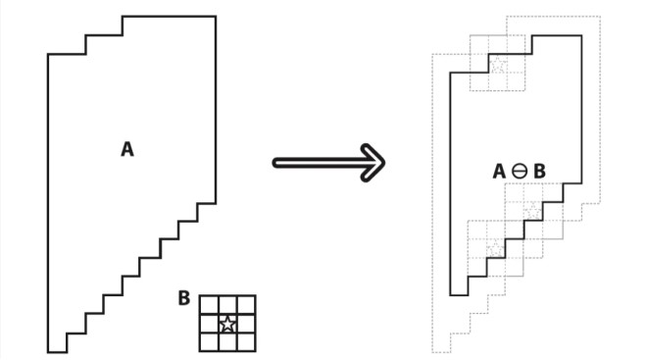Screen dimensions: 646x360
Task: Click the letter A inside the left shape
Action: click(x=127, y=149)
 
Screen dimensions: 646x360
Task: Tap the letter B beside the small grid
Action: click(x=183, y=298)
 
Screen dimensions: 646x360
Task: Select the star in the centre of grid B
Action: click(x=227, y=324)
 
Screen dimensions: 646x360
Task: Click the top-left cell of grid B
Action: click(x=209, y=305)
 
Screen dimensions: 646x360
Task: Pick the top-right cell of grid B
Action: click(x=246, y=305)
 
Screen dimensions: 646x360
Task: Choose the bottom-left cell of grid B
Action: click(x=209, y=342)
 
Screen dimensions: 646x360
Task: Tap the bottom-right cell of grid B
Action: click(x=246, y=342)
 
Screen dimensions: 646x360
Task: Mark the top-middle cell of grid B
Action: click(x=227, y=305)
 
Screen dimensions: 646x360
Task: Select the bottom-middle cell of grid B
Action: click(x=227, y=342)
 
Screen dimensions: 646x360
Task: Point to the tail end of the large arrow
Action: click(x=274, y=163)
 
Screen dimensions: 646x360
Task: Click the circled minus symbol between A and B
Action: click(x=520, y=171)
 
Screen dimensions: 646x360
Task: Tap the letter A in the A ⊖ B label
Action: click(x=499, y=171)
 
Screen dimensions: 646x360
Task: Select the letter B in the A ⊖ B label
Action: click(x=540, y=171)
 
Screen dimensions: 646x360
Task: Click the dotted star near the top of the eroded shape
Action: click(x=498, y=64)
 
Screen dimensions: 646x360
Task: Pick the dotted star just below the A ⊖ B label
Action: click(x=533, y=212)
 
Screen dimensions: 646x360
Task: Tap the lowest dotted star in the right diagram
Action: click(x=496, y=248)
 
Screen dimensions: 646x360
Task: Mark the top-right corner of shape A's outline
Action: click(x=216, y=17)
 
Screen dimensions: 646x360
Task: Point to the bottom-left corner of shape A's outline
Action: click(x=48, y=352)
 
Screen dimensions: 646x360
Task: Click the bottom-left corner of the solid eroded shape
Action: click(x=450, y=295)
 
